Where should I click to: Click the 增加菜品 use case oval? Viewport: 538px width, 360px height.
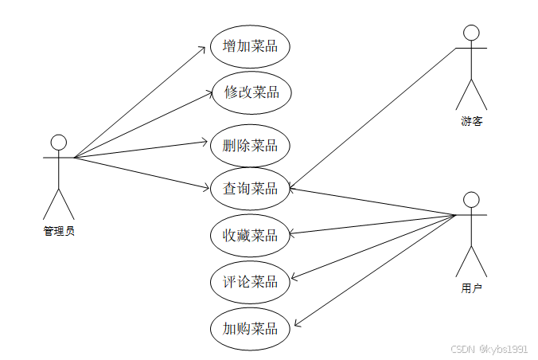pos(250,45)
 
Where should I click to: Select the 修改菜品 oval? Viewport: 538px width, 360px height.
pos(251,92)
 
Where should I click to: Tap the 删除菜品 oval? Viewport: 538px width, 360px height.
pos(250,145)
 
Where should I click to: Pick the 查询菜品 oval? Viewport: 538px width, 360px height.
pos(250,188)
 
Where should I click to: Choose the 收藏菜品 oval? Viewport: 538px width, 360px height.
pos(250,235)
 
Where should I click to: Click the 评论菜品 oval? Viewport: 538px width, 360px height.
pos(250,281)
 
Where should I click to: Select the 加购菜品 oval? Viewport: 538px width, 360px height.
pos(250,327)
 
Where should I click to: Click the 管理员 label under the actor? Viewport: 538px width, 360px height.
pos(59,232)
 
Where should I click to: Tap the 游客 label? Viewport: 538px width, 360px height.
pos(471,122)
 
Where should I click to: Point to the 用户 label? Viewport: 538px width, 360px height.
pos(471,288)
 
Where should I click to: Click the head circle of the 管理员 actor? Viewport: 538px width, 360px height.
pos(58,142)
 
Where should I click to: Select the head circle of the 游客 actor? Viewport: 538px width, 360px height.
pos(471,33)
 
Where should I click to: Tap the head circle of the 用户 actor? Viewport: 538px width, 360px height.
pos(471,199)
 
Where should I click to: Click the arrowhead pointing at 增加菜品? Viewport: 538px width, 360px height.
pos(205,48)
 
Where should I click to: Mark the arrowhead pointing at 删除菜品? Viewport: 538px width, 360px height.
pos(206,143)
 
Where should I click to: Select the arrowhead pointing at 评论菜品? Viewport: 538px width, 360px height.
pos(292,279)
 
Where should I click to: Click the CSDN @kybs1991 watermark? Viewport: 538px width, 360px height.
pos(489,349)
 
